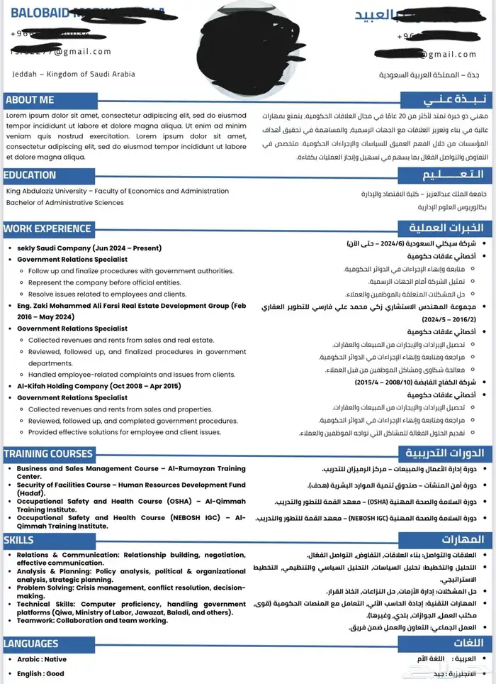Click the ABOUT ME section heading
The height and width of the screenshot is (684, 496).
[x=30, y=100]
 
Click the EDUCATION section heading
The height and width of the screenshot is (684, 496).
[x=30, y=175]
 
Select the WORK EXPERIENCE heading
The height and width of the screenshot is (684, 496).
[x=47, y=228]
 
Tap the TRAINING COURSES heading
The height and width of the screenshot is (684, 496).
[x=48, y=453]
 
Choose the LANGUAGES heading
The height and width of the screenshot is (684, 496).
[x=31, y=644]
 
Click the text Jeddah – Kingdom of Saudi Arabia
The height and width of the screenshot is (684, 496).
[x=73, y=74]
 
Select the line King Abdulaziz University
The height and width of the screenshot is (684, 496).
[x=117, y=191]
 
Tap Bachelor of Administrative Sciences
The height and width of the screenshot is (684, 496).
[x=64, y=202]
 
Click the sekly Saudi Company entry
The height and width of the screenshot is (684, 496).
[x=89, y=248]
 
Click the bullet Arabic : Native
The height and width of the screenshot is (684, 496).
[x=42, y=659]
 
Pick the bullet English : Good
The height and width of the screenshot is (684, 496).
[x=41, y=673]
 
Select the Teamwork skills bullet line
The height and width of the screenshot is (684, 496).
[x=92, y=620]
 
